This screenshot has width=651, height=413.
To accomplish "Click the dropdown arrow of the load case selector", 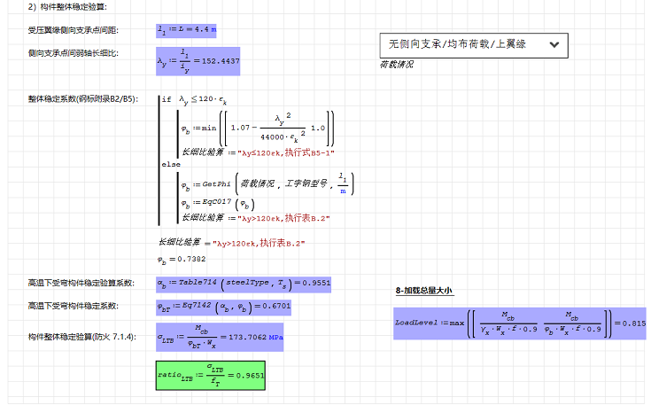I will [x=554, y=43].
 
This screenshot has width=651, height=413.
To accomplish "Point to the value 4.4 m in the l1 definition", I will [x=205, y=30].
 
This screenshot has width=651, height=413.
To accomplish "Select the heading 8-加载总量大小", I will [x=423, y=291].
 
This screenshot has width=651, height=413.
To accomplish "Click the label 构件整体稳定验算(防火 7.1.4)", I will [x=82, y=338].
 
